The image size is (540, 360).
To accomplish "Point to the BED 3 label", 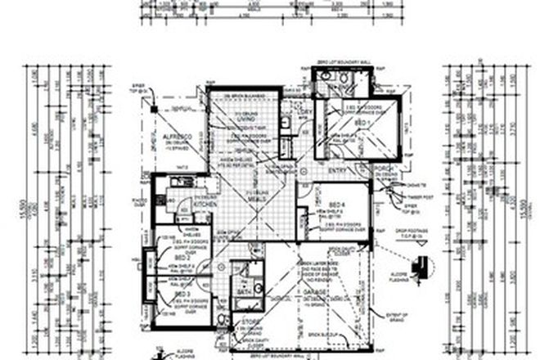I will point(179,291).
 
